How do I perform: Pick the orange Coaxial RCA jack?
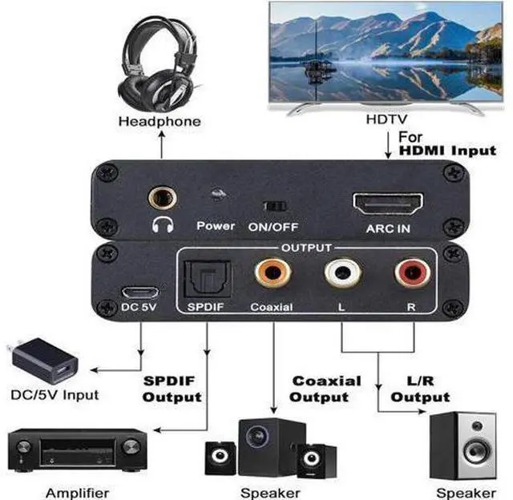[x=270, y=273]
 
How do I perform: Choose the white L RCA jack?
[x=340, y=273]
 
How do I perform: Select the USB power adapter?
[x=45, y=361]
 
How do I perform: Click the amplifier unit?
[x=78, y=450]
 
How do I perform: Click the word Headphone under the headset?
[x=160, y=122]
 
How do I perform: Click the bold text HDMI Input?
[x=447, y=149]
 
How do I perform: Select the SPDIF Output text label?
[x=172, y=388]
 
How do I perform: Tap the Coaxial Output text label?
[x=325, y=389]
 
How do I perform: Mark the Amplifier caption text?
[x=78, y=491]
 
